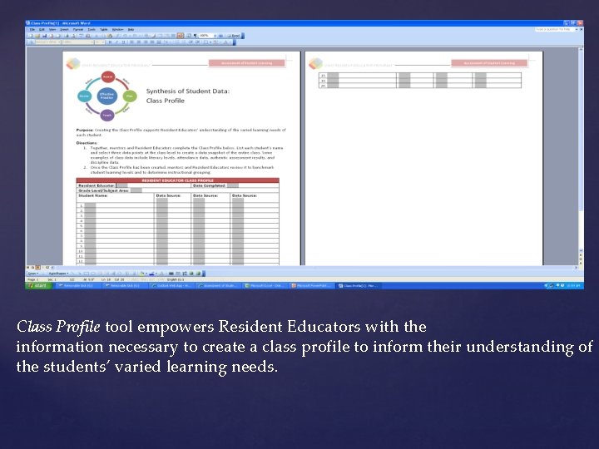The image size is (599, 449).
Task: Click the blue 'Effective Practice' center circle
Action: coord(106,96)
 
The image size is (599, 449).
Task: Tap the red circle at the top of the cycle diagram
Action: coord(106,76)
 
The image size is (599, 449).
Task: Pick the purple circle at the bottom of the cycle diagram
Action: coord(106,116)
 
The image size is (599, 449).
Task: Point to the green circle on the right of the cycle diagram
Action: coord(128,96)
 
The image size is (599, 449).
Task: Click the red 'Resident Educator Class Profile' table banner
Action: coord(177,180)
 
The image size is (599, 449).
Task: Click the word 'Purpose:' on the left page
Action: coord(85,130)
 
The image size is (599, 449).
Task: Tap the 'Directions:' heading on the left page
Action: coord(87,141)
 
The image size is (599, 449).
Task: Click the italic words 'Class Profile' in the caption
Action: coord(58,327)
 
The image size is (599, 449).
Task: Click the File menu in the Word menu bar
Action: coord(30,29)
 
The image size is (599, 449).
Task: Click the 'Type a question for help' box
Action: coord(552,29)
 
